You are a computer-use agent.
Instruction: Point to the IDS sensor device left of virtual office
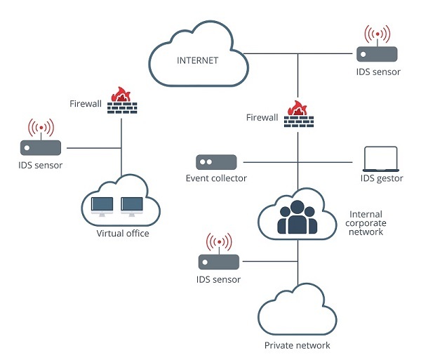tap(41, 148)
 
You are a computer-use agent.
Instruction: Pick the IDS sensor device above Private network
tap(218, 262)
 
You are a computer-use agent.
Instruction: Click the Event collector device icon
tap(216, 161)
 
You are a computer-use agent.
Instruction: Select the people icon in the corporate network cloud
tap(298, 217)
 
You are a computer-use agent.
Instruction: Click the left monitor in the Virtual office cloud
tap(102, 206)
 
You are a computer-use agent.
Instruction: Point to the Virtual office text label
tap(123, 234)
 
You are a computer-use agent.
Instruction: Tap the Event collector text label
tap(216, 178)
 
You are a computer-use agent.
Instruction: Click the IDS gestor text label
tap(381, 178)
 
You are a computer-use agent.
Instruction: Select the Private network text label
tap(297, 345)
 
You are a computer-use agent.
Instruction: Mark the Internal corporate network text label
tap(366, 222)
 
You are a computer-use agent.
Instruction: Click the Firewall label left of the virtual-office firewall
tap(86, 103)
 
